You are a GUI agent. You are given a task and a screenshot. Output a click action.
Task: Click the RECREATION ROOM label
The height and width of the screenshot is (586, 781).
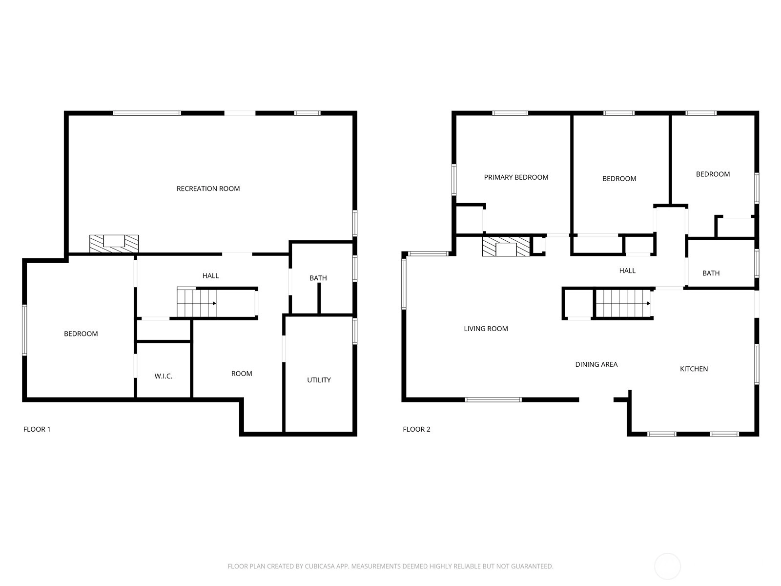pos(208,188)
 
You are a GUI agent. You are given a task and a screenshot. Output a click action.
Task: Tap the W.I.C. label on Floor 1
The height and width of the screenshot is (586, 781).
pos(164,376)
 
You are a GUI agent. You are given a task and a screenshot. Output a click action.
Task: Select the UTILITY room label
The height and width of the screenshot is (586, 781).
pos(319,380)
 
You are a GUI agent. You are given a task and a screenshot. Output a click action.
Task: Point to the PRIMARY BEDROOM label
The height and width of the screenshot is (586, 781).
pos(516,177)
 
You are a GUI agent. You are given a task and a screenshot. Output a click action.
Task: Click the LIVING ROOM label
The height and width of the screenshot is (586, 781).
pos(486,329)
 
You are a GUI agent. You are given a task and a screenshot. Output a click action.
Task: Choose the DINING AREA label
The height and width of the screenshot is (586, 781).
pos(596,364)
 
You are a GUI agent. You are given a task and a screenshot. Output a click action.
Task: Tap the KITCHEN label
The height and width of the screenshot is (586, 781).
pos(694,369)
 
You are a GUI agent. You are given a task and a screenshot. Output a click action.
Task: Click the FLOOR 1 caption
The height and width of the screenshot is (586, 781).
pos(37,429)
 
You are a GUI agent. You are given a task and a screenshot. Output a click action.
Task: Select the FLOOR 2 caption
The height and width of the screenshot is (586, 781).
pos(416,429)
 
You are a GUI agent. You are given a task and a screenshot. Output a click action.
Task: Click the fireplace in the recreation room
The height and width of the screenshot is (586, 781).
pos(114,244)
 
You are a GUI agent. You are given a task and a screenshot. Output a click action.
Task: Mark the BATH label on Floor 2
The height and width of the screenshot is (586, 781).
pos(711,273)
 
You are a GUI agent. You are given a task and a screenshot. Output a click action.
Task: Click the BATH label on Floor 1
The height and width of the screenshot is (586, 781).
pos(318,278)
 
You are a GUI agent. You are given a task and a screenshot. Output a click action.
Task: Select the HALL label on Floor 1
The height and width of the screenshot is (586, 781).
pos(211,276)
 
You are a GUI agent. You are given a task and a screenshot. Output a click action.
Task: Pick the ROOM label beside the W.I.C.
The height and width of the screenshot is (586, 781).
pos(242,374)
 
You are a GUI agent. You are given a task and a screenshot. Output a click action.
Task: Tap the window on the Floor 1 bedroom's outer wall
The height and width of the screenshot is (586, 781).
pos(24,330)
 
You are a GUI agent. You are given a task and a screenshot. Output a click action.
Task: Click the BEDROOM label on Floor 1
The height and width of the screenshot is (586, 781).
pos(81,334)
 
